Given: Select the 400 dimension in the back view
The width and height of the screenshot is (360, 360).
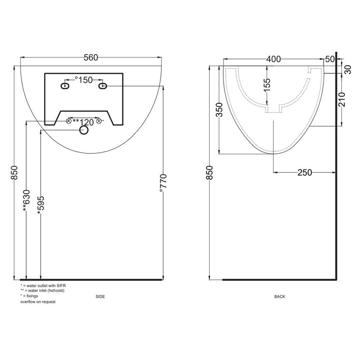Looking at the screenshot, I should pyautogui.click(x=273, y=59).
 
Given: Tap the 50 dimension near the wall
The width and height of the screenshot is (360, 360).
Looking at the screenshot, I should pyautogui.click(x=330, y=59).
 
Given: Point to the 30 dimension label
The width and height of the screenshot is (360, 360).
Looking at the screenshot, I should pyautogui.click(x=348, y=69).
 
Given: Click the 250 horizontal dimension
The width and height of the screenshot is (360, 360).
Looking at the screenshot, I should pyautogui.click(x=304, y=172).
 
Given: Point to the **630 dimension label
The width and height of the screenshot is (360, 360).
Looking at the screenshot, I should pyautogui.click(x=26, y=199).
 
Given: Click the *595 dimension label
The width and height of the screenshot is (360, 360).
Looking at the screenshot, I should pyautogui.click(x=40, y=205).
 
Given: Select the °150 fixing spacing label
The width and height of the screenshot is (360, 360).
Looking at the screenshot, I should pyautogui.click(x=83, y=80).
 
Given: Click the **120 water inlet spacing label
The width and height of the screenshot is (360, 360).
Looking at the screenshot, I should pyautogui.click(x=83, y=122).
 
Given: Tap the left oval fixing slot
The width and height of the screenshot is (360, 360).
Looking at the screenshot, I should pyautogui.click(x=65, y=86).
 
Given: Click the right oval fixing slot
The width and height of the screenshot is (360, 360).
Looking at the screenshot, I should pyautogui.click(x=102, y=86).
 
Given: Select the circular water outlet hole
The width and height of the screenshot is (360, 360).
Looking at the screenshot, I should pyautogui.click(x=84, y=130).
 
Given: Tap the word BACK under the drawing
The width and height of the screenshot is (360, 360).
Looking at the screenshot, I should pyautogui.click(x=280, y=297).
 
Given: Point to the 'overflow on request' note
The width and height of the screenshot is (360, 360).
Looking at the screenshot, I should pyautogui.click(x=38, y=302).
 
